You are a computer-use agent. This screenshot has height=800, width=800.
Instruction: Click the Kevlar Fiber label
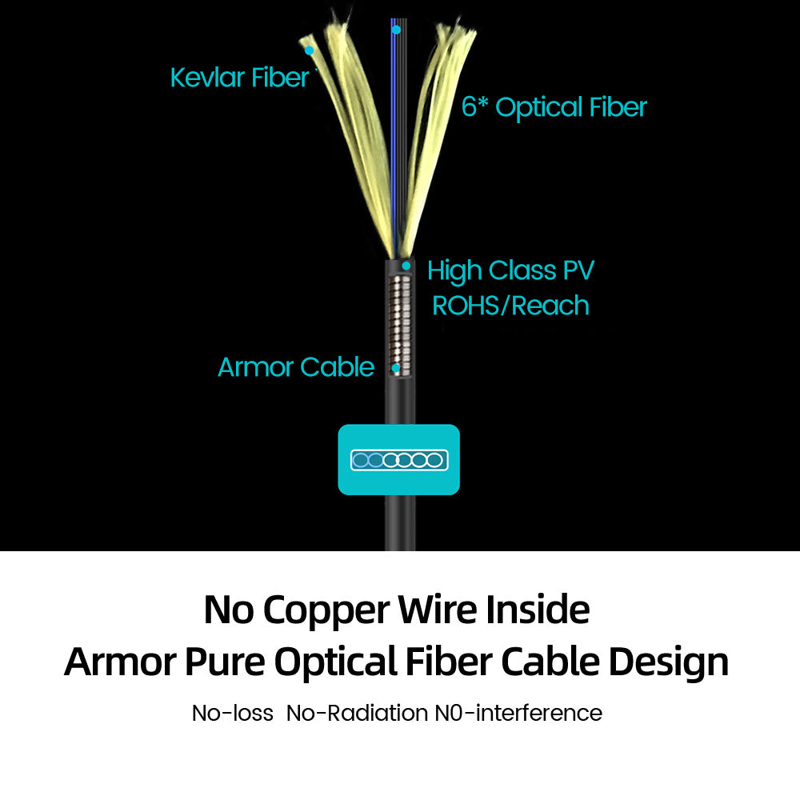click(239, 78)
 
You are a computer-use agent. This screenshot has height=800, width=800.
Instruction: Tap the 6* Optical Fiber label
click(554, 107)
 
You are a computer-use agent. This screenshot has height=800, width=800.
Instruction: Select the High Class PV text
click(511, 270)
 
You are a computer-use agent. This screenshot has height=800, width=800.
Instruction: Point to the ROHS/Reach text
click(510, 306)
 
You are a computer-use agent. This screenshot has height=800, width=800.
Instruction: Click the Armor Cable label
click(296, 367)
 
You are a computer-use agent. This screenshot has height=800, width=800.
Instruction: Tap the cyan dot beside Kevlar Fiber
click(309, 50)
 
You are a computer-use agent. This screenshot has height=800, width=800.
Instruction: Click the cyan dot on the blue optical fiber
click(396, 30)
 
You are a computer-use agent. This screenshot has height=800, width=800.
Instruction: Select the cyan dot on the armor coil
click(396, 369)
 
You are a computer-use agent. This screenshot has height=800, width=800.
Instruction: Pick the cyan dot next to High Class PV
click(406, 266)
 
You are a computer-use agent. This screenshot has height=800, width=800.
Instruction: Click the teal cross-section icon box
click(399, 459)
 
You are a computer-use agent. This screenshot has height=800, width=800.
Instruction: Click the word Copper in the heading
click(328, 610)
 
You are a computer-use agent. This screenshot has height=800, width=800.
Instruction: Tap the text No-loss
click(233, 713)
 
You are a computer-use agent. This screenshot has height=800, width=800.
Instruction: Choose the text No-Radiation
click(356, 713)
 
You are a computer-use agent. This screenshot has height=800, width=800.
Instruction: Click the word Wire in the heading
click(438, 610)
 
